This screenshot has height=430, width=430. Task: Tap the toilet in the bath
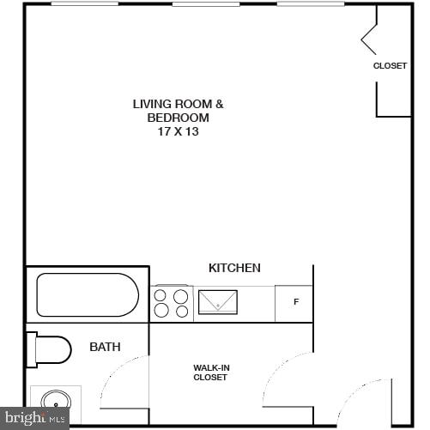[51, 349]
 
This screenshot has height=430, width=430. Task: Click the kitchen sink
[218, 302]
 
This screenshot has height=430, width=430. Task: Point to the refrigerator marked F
[295, 302]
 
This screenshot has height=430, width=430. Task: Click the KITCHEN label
[234, 268]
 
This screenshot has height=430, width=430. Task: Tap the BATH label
[105, 347]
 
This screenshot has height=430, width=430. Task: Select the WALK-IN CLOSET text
[210, 372]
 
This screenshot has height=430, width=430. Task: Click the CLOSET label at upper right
[390, 65]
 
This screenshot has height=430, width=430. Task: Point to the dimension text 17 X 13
[178, 132]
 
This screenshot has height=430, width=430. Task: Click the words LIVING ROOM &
[178, 104]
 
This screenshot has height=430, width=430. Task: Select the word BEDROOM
[178, 118]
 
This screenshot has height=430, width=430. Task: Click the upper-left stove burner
[160, 296]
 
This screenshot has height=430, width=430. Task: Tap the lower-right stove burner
[181, 312]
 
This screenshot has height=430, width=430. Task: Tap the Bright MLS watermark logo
[34, 419]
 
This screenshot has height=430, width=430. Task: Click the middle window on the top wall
[206, 4]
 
